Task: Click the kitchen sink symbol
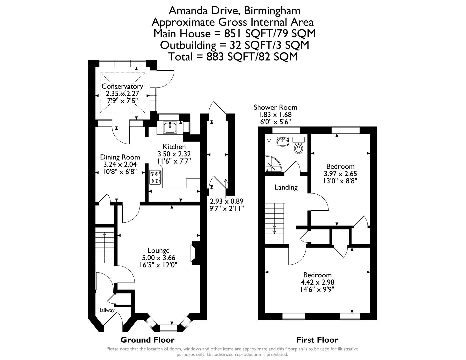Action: point(170,127)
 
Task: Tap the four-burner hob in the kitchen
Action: point(155,177)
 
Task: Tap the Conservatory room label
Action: point(122,86)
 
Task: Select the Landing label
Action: point(286,187)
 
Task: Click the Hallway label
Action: point(106,310)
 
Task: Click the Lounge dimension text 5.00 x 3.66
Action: point(159,258)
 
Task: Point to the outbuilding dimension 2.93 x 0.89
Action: point(227,201)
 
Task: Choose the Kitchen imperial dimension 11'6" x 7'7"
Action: point(174,161)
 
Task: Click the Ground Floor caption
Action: point(147,340)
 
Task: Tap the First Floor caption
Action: point(317,340)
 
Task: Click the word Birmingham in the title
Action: point(272,11)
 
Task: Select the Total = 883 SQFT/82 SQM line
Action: point(233,57)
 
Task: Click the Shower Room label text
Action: point(275,107)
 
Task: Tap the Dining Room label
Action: point(120,157)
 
